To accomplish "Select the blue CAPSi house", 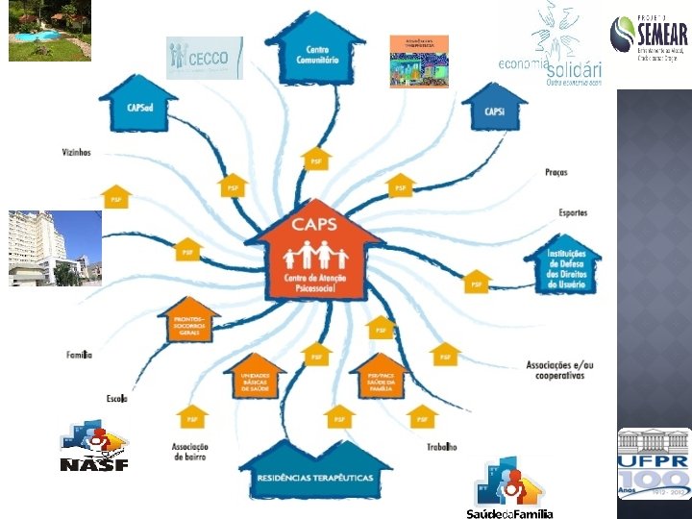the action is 495,110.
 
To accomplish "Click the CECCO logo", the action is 204,59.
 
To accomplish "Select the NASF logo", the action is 93,448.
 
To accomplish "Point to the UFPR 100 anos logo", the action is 654,463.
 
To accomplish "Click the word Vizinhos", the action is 75,152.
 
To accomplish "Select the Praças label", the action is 556,173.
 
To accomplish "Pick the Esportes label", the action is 573,212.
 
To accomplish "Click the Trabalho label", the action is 442,447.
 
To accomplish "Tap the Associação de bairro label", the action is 190,451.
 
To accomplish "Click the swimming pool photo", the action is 49,31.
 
